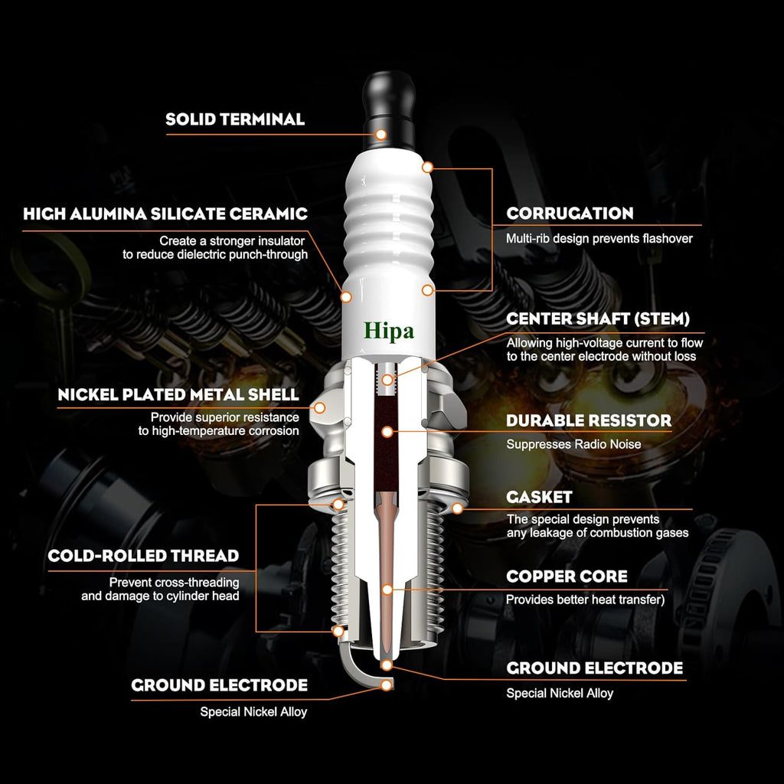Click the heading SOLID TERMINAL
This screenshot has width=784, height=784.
point(235,119)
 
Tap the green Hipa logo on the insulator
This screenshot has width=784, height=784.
point(388,332)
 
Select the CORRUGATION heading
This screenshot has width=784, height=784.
point(570,214)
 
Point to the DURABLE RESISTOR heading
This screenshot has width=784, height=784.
point(589,420)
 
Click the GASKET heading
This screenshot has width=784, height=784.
point(539,497)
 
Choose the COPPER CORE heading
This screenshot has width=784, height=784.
point(567,577)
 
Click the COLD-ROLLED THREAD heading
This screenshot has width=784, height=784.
point(143,556)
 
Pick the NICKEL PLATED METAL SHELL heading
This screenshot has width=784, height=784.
point(178,394)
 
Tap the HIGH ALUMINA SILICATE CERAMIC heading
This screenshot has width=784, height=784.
point(165,214)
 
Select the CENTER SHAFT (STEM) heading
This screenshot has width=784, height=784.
point(598,319)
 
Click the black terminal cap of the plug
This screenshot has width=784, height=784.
point(389,110)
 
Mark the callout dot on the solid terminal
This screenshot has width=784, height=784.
point(381,135)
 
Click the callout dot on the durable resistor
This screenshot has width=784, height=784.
point(387,432)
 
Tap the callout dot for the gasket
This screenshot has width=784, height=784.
point(457,509)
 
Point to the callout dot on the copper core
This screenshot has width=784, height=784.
point(387,590)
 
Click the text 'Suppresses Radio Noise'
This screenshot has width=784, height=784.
point(573,444)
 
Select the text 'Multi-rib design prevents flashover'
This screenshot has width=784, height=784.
point(599,239)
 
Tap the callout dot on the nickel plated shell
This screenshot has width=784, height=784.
point(319,408)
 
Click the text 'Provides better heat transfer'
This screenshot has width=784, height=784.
point(583,599)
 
